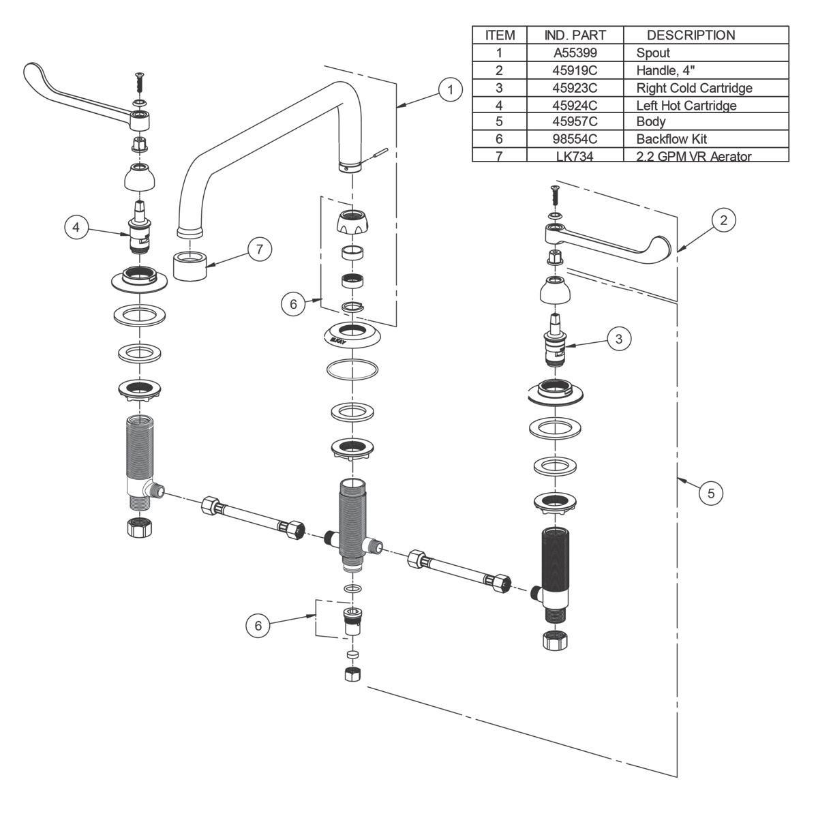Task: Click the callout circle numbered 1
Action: click(450, 89)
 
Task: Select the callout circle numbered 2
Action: click(724, 219)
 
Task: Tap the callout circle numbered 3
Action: click(618, 339)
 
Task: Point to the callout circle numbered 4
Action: click(77, 227)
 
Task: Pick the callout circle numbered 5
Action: click(711, 492)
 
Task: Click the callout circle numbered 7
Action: click(259, 249)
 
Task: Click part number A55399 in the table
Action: click(575, 52)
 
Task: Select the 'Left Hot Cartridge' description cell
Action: click(686, 106)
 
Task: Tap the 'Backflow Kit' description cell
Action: click(671, 139)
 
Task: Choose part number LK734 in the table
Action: click(575, 156)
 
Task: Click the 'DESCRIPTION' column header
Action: click(691, 35)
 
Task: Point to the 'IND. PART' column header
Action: click(575, 35)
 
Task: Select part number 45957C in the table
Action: click(575, 123)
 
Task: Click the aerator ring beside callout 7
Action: click(191, 265)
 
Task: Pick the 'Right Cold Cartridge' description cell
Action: click(694, 88)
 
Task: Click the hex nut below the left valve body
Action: click(140, 528)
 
